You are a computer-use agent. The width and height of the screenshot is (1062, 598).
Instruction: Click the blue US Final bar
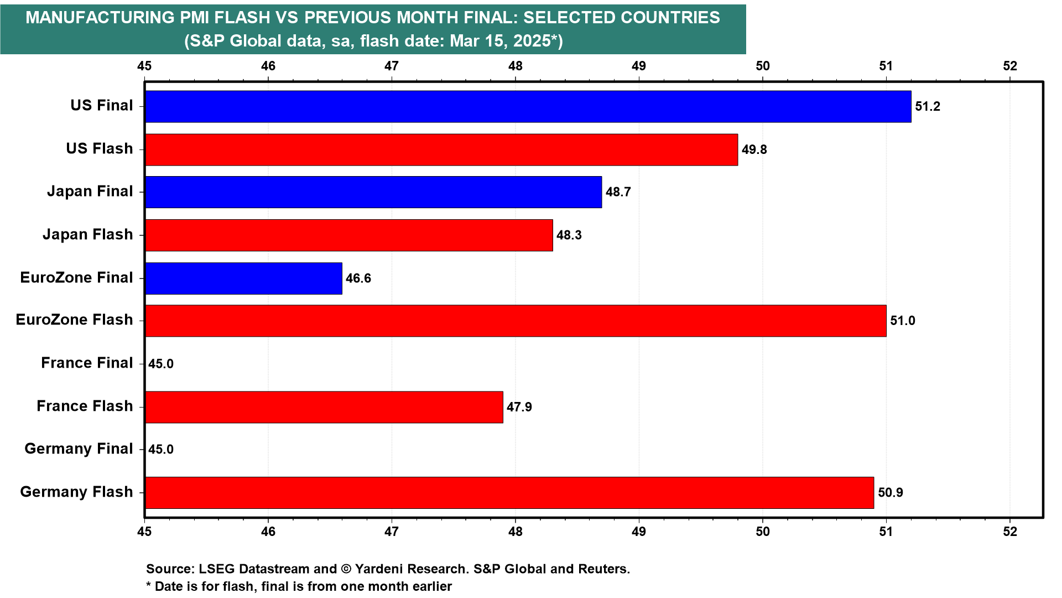(x=528, y=106)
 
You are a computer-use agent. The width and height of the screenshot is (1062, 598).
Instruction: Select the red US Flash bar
(x=441, y=149)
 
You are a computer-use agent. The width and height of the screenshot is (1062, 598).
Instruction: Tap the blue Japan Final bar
(x=373, y=192)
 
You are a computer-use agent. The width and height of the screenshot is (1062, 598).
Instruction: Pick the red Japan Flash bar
(x=349, y=235)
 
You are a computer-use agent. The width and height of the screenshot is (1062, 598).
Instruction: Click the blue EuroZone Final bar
(x=243, y=278)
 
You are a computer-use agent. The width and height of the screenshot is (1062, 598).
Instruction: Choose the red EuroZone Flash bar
(x=516, y=321)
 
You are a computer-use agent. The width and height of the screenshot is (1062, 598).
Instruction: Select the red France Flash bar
(x=324, y=407)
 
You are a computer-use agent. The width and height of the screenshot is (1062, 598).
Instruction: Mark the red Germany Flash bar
(x=509, y=492)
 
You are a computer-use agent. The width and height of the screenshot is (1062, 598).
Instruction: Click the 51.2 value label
(x=928, y=106)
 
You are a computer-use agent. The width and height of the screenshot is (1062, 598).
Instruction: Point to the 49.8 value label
(x=754, y=149)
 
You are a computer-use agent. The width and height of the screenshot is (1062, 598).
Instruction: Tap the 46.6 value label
(x=358, y=278)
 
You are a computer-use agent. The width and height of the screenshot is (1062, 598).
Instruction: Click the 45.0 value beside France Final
(x=161, y=364)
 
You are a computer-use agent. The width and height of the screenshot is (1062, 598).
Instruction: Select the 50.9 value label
(x=891, y=492)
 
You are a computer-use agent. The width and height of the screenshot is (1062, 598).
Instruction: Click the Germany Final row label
(x=79, y=448)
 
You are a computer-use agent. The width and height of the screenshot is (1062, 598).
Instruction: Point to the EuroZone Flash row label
(x=74, y=320)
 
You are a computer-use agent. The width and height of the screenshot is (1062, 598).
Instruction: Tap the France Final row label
(x=87, y=363)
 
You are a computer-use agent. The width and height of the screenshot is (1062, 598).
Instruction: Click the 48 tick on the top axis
(x=516, y=66)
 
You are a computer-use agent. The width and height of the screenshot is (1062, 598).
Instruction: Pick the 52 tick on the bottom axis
(x=1010, y=532)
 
